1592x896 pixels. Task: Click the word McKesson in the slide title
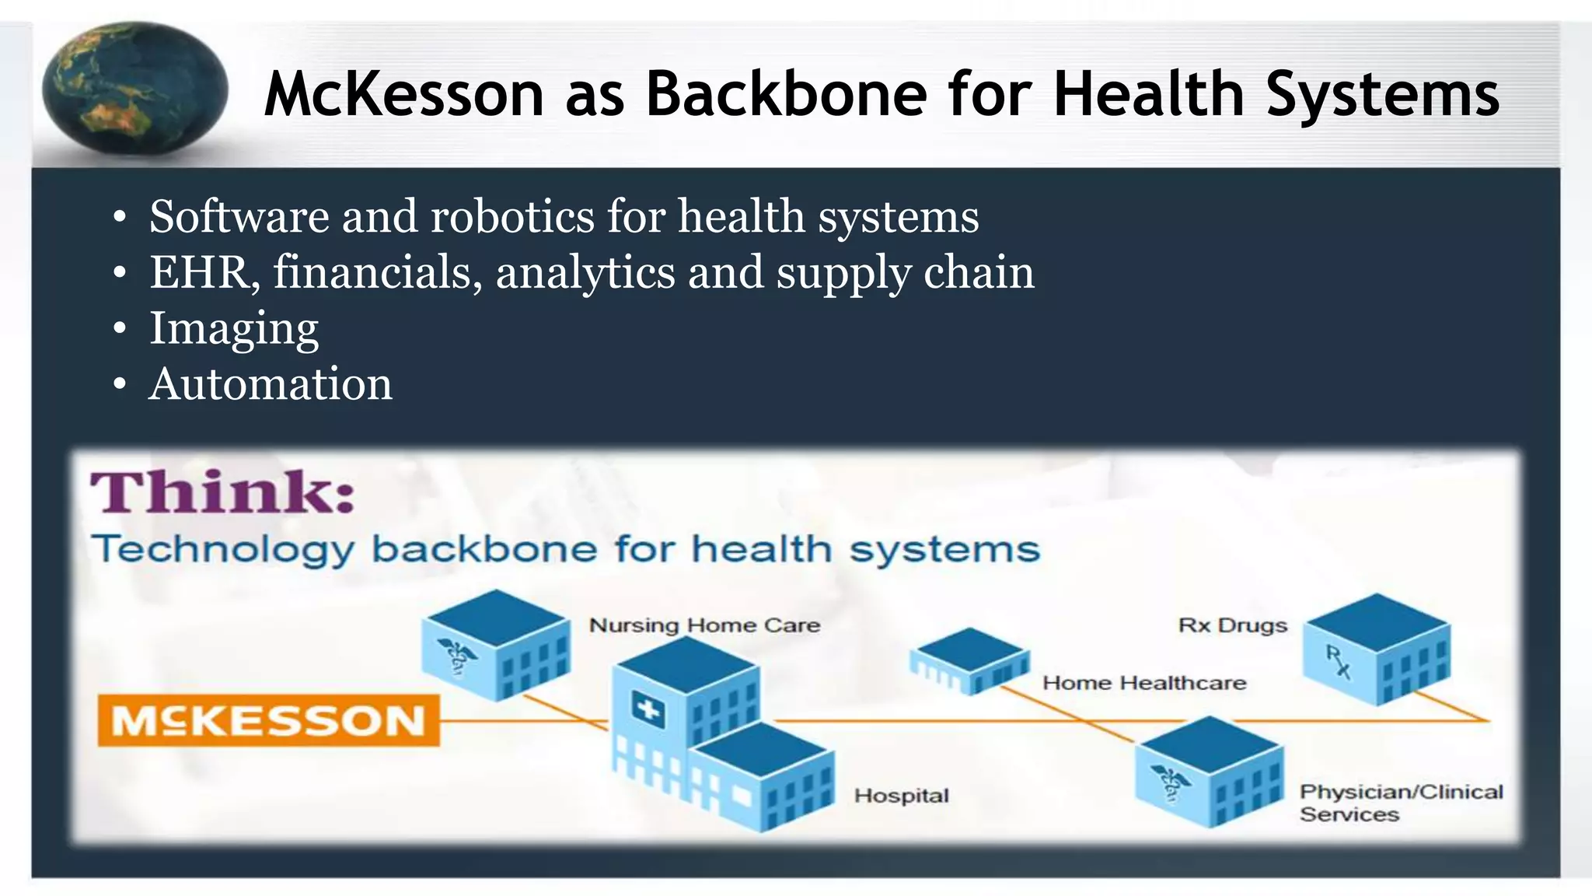pyautogui.click(x=403, y=95)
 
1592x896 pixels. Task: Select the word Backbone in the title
pyautogui.click(x=787, y=95)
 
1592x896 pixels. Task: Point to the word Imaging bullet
pyautogui.click(x=234, y=328)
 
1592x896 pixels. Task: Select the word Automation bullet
pyautogui.click(x=271, y=384)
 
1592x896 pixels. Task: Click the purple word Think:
pyautogui.click(x=223, y=492)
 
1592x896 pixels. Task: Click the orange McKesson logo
pyautogui.click(x=268, y=720)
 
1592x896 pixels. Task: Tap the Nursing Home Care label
pyautogui.click(x=704, y=625)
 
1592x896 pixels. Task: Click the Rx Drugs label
pyautogui.click(x=1232, y=625)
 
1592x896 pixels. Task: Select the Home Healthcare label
pyautogui.click(x=1144, y=683)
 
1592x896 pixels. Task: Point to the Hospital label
pyautogui.click(x=901, y=796)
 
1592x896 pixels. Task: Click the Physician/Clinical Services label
pyautogui.click(x=1401, y=803)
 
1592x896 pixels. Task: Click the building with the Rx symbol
pyautogui.click(x=1376, y=649)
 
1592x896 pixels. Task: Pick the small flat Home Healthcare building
pyautogui.click(x=969, y=660)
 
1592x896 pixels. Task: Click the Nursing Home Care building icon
pyautogui.click(x=495, y=644)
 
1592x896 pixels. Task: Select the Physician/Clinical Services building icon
pyautogui.click(x=1209, y=772)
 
